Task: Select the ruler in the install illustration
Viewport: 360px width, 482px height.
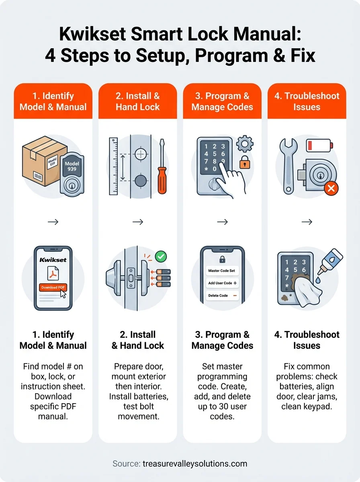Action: pyautogui.click(x=113, y=166)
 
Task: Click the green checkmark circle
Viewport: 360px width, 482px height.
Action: pyautogui.click(x=161, y=256)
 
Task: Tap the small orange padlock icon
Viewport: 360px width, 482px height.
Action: pyautogui.click(x=244, y=163)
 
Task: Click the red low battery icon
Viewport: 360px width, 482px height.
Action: pyautogui.click(x=319, y=145)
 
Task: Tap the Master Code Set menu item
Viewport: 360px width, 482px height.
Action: pyautogui.click(x=222, y=271)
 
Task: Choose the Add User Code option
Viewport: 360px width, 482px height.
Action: pyautogui.click(x=222, y=283)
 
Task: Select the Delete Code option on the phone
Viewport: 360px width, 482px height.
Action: pyautogui.click(x=222, y=296)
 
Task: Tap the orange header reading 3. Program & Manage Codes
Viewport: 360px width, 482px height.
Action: pyautogui.click(x=222, y=101)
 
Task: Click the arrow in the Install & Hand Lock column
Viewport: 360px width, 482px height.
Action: pyautogui.click(x=138, y=222)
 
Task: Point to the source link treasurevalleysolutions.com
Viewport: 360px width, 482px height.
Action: pyautogui.click(x=195, y=464)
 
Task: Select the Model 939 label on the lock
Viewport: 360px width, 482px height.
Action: pyautogui.click(x=72, y=166)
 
